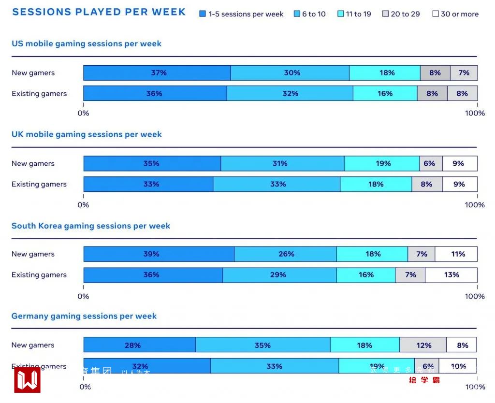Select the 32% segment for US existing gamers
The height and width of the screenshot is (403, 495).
[x=290, y=94]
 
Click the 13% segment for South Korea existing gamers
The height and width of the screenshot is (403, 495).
[x=451, y=275]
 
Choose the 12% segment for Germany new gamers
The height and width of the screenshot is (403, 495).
[x=423, y=345]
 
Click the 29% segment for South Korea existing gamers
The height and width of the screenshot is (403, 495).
[x=279, y=275]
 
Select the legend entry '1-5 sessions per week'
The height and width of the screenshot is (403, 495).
[x=241, y=14]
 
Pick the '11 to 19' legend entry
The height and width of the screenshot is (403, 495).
[x=354, y=14]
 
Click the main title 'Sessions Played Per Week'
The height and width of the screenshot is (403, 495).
[x=99, y=12]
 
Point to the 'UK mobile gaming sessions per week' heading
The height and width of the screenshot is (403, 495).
[x=87, y=134]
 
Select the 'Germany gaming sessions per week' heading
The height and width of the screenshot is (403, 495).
[x=84, y=316]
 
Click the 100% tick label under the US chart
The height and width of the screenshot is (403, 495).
[x=475, y=113]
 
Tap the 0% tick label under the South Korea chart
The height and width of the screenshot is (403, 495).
[x=83, y=296]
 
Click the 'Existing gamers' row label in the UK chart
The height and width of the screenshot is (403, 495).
[x=39, y=184]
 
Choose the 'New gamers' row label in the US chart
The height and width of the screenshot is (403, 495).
[x=33, y=73]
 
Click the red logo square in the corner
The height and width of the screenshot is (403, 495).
[x=27, y=380]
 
